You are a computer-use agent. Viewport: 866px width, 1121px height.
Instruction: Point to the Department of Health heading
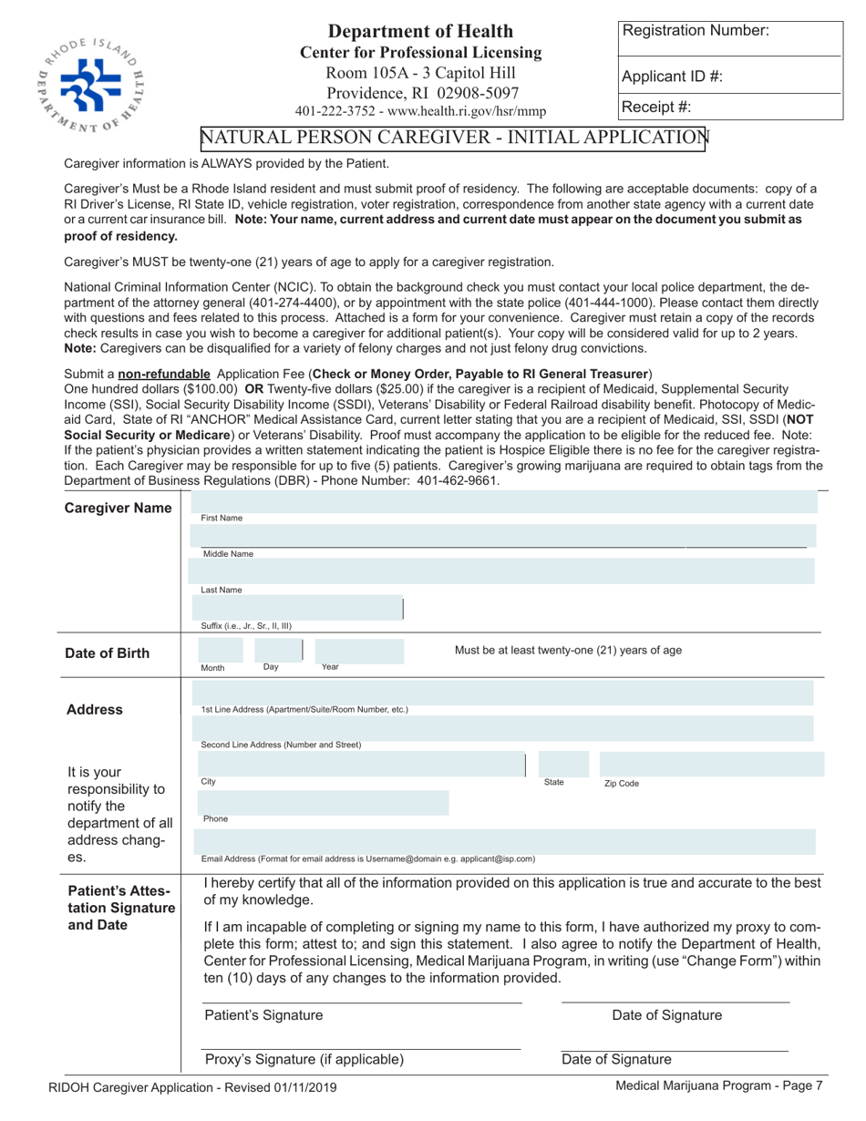420,32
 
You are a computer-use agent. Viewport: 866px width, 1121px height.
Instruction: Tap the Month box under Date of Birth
221,650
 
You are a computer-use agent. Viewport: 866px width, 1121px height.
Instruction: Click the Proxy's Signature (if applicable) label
304,1059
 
